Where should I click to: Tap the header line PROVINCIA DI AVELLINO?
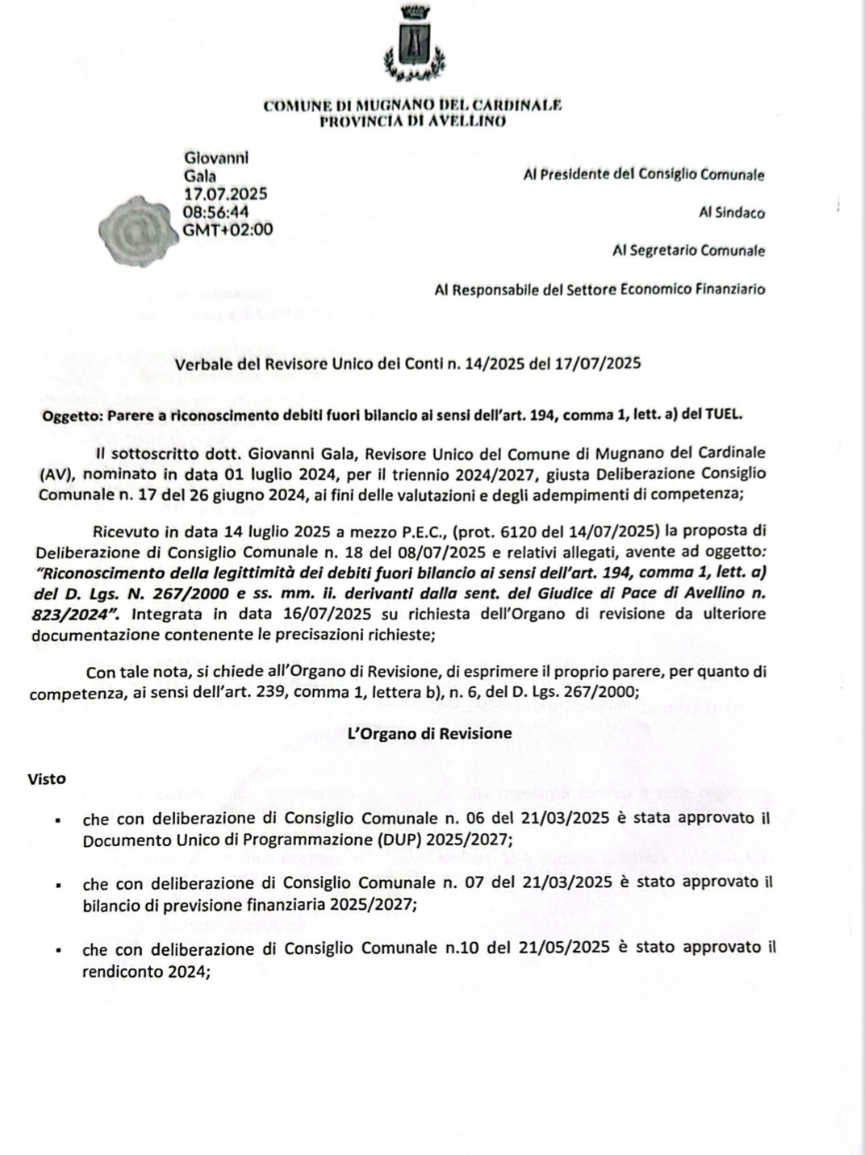tap(412, 121)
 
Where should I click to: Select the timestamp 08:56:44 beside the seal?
tap(216, 211)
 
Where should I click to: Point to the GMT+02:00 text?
tap(228, 228)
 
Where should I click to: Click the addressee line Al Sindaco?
tap(731, 213)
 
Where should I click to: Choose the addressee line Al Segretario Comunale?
tap(688, 250)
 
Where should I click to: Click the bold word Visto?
tap(47, 779)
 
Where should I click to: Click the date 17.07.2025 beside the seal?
tap(225, 194)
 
